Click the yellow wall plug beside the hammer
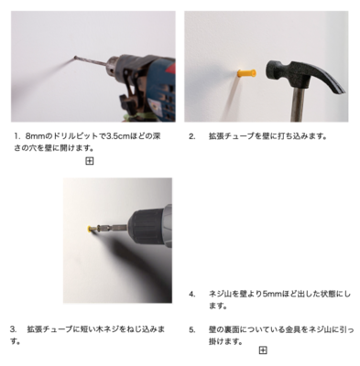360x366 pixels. tap(246, 73)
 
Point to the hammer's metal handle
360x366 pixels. tap(299, 104)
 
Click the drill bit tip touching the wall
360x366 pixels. tap(75, 57)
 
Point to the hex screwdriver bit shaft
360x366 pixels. tap(113, 228)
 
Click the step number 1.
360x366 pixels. tap(16, 136)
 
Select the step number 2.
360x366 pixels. tap(191, 136)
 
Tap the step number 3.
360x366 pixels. tap(13, 329)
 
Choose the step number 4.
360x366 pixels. tap(192, 295)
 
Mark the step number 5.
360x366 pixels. tap(192, 330)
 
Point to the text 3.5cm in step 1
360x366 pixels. tap(118, 136)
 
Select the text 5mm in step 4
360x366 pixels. tap(271, 295)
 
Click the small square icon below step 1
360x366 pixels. tap(90, 161)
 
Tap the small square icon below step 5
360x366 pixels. tap(263, 350)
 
